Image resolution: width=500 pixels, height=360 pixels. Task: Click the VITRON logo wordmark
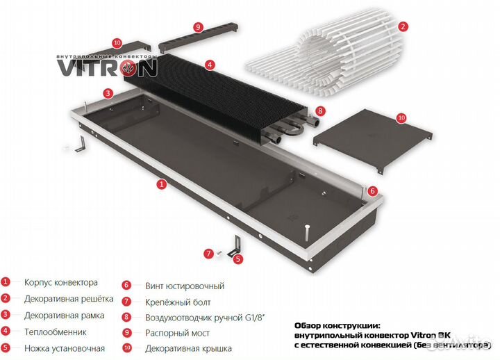tap(107, 67)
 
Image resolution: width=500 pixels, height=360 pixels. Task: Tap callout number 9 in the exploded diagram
tap(199, 27)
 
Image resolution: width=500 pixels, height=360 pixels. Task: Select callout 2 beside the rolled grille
tap(403, 26)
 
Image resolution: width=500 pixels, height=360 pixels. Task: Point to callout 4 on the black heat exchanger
tap(210, 65)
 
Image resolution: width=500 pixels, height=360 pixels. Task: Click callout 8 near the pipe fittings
tap(320, 111)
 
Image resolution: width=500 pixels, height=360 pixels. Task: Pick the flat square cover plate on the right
tap(372, 139)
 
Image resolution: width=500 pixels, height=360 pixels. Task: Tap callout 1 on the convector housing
tap(162, 184)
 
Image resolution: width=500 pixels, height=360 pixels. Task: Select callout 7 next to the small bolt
tap(208, 254)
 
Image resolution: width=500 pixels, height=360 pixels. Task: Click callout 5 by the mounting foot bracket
tap(238, 259)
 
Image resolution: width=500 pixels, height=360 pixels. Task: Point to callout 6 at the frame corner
tap(372, 191)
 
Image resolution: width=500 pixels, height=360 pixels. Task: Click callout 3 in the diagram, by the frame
tap(108, 93)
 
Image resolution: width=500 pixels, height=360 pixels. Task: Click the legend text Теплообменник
tap(56, 332)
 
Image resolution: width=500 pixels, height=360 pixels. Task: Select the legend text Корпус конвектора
tap(61, 282)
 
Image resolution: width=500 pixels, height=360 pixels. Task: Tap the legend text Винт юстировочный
tap(185, 286)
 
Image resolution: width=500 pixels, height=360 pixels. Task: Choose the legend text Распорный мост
tap(177, 333)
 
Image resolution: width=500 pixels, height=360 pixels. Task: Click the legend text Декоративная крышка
tap(188, 348)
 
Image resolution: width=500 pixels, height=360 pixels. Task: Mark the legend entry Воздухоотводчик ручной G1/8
tap(206, 318)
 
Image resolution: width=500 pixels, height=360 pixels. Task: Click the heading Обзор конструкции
tap(337, 326)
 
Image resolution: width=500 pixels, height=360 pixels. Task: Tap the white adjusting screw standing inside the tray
tap(306, 232)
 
